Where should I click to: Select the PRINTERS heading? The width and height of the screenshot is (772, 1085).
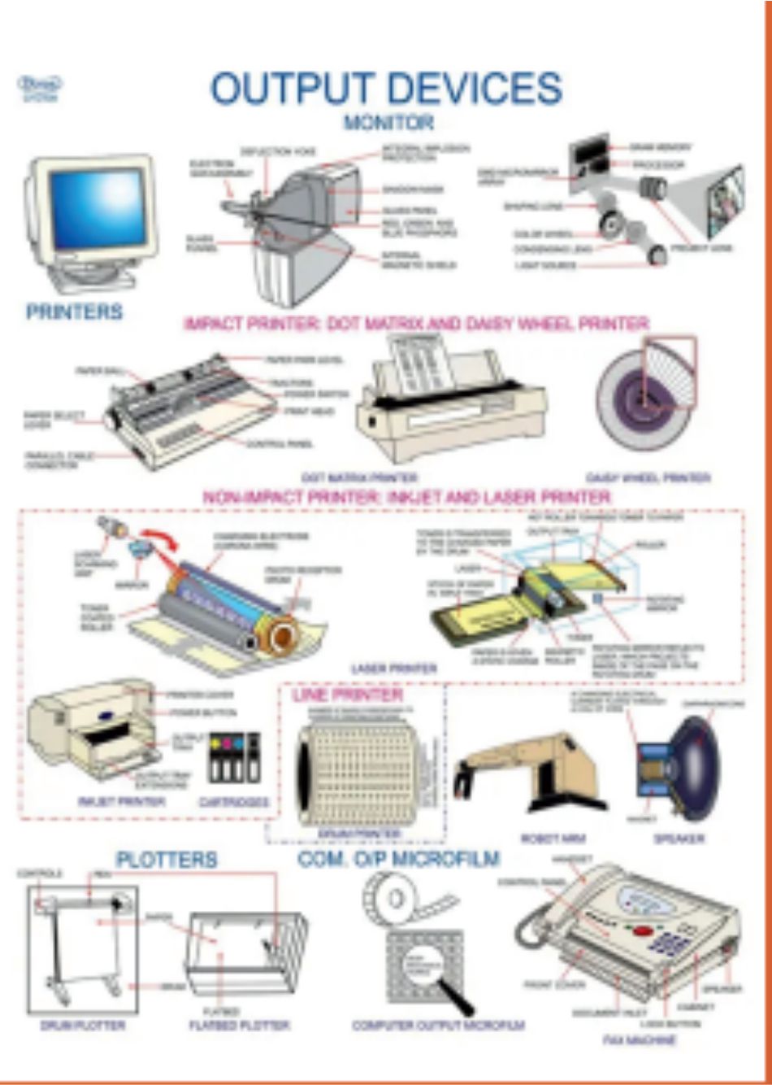point(74,312)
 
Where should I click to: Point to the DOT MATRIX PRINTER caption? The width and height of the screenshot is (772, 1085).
point(359,477)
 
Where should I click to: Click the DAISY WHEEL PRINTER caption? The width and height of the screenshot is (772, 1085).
point(648,477)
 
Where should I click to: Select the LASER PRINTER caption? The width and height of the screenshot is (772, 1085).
point(394,669)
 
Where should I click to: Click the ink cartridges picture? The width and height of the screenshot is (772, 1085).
point(235,757)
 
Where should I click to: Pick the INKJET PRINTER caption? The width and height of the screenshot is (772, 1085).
point(122,802)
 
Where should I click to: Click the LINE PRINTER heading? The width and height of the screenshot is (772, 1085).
point(347,695)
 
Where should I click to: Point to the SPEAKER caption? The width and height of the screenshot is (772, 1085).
point(679,839)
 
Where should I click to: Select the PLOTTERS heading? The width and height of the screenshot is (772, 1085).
point(167,860)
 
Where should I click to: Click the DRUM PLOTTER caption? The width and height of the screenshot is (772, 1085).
point(82,1026)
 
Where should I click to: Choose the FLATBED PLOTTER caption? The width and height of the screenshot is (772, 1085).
point(239,1026)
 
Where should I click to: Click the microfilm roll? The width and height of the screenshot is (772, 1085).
point(398,899)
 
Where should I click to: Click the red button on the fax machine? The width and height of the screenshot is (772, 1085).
point(643,930)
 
